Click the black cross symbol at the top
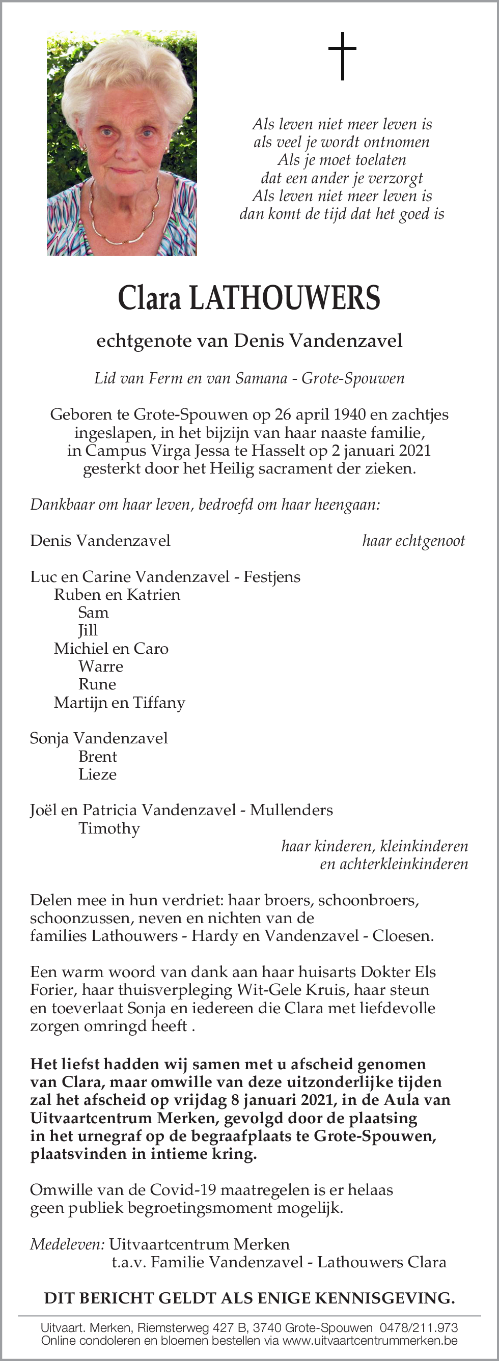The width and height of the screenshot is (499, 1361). (x=343, y=56)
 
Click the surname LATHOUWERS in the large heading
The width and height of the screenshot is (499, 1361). (x=285, y=298)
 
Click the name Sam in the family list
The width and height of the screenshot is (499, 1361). (x=93, y=613)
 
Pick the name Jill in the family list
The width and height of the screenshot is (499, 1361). (x=88, y=631)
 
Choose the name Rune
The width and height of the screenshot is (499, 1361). (x=97, y=685)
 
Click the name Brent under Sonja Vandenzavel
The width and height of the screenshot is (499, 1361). (x=98, y=757)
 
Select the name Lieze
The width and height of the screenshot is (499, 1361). (x=97, y=774)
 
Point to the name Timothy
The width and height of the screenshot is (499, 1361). (x=109, y=828)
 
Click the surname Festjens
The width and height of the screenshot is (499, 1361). (x=272, y=577)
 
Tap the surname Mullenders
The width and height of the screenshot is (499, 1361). (x=291, y=811)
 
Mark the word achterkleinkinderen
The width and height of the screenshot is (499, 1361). (x=394, y=865)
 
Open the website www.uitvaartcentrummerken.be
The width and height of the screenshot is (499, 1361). (x=370, y=1341)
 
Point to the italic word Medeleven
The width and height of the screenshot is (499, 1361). (x=67, y=1244)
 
